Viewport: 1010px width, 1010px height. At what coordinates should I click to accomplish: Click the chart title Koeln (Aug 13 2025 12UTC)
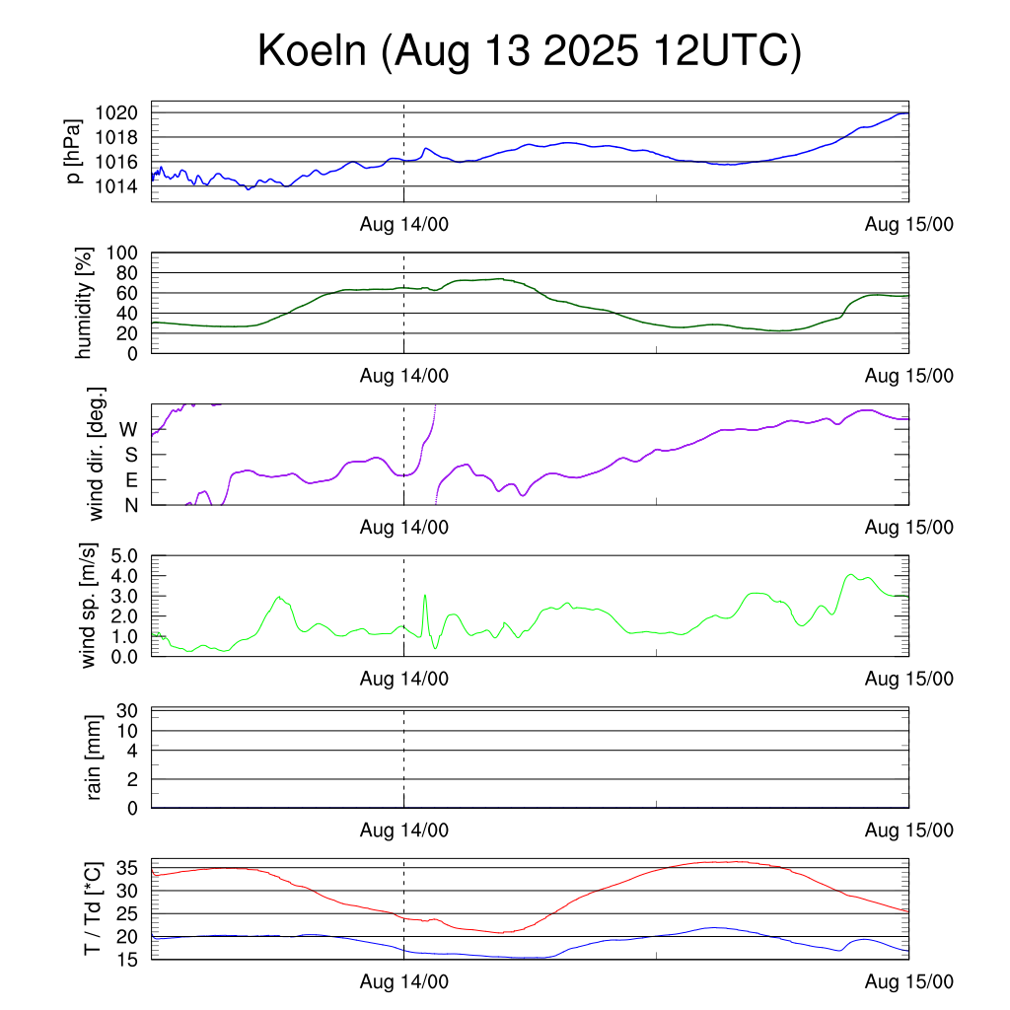pos(529,51)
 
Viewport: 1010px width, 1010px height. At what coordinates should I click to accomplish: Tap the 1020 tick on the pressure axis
pos(121,112)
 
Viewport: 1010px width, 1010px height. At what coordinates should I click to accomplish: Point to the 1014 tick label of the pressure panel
pos(121,186)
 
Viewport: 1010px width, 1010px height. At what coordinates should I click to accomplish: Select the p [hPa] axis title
pos(73,154)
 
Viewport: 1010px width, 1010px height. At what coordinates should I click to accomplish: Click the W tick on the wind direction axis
pos(128,430)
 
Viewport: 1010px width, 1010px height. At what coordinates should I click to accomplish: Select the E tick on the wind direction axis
pos(130,480)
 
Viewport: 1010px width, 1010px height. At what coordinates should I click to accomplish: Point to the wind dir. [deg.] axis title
pos(97,454)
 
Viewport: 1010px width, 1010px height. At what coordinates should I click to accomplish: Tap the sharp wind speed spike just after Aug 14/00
pos(425,596)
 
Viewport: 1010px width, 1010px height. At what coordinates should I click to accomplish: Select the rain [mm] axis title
pos(95,757)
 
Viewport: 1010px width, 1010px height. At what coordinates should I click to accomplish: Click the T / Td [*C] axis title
pos(92,908)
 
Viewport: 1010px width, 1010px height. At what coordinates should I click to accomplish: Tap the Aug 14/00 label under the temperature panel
pos(403,981)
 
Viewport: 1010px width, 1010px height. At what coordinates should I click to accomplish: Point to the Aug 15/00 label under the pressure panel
pos(908,224)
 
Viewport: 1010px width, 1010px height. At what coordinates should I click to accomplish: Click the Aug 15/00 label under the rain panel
pos(908,830)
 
